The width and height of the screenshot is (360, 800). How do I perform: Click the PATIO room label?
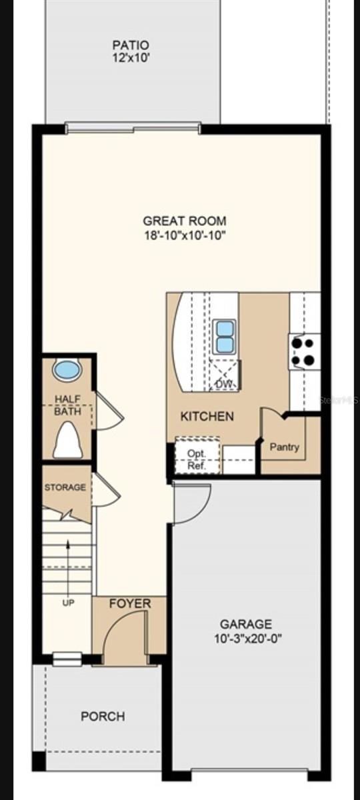click(131, 45)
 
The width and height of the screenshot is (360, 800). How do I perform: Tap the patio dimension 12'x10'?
click(131, 58)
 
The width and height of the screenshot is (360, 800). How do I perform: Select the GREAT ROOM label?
click(185, 221)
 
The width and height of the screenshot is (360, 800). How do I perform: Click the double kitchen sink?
click(225, 337)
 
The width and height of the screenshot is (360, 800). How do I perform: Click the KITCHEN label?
click(207, 417)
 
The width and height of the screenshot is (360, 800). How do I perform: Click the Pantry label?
click(284, 447)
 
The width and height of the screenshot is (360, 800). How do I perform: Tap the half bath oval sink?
click(67, 370)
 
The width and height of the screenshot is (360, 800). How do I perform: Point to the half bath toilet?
click(67, 440)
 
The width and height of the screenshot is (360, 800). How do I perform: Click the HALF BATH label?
click(68, 405)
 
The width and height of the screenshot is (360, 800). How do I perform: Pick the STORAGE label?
click(65, 487)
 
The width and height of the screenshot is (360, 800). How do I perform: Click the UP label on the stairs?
click(68, 603)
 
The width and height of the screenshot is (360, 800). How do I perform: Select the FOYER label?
click(130, 604)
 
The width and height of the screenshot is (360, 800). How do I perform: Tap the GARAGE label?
click(246, 624)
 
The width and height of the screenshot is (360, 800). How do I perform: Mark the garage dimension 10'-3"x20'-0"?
click(246, 638)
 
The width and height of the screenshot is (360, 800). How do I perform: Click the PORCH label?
click(103, 717)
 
